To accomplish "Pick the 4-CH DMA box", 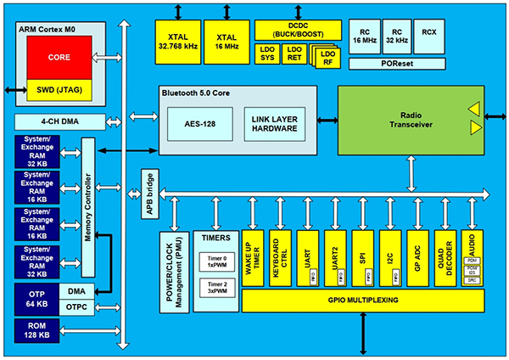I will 59,121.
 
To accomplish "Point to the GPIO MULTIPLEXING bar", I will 364,301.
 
